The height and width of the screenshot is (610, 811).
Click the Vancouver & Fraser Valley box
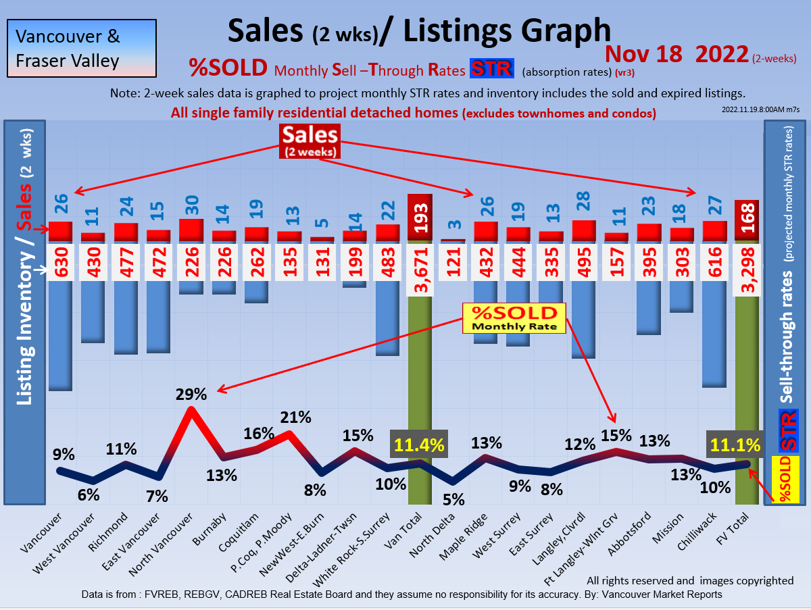pyautogui.click(x=82, y=48)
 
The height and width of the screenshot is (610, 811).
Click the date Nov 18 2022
pyautogui.click(x=677, y=53)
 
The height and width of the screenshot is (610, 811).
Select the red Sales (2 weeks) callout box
pyautogui.click(x=310, y=142)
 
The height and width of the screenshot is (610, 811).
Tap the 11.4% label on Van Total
pyautogui.click(x=419, y=444)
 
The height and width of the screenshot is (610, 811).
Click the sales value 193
pyautogui.click(x=419, y=219)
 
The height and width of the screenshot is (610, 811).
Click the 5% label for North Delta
pyautogui.click(x=453, y=500)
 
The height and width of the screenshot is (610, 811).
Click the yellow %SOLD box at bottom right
pyautogui.click(x=785, y=479)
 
